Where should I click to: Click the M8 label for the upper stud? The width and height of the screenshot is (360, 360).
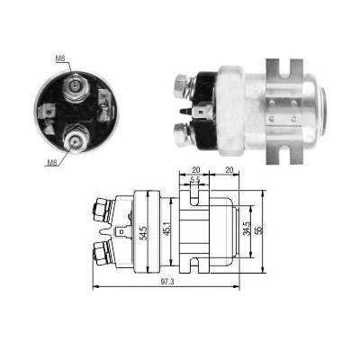coord(60,59)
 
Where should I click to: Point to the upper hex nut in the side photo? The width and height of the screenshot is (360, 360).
coord(179,86)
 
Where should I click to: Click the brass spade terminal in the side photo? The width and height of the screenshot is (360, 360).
coord(203,113)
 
